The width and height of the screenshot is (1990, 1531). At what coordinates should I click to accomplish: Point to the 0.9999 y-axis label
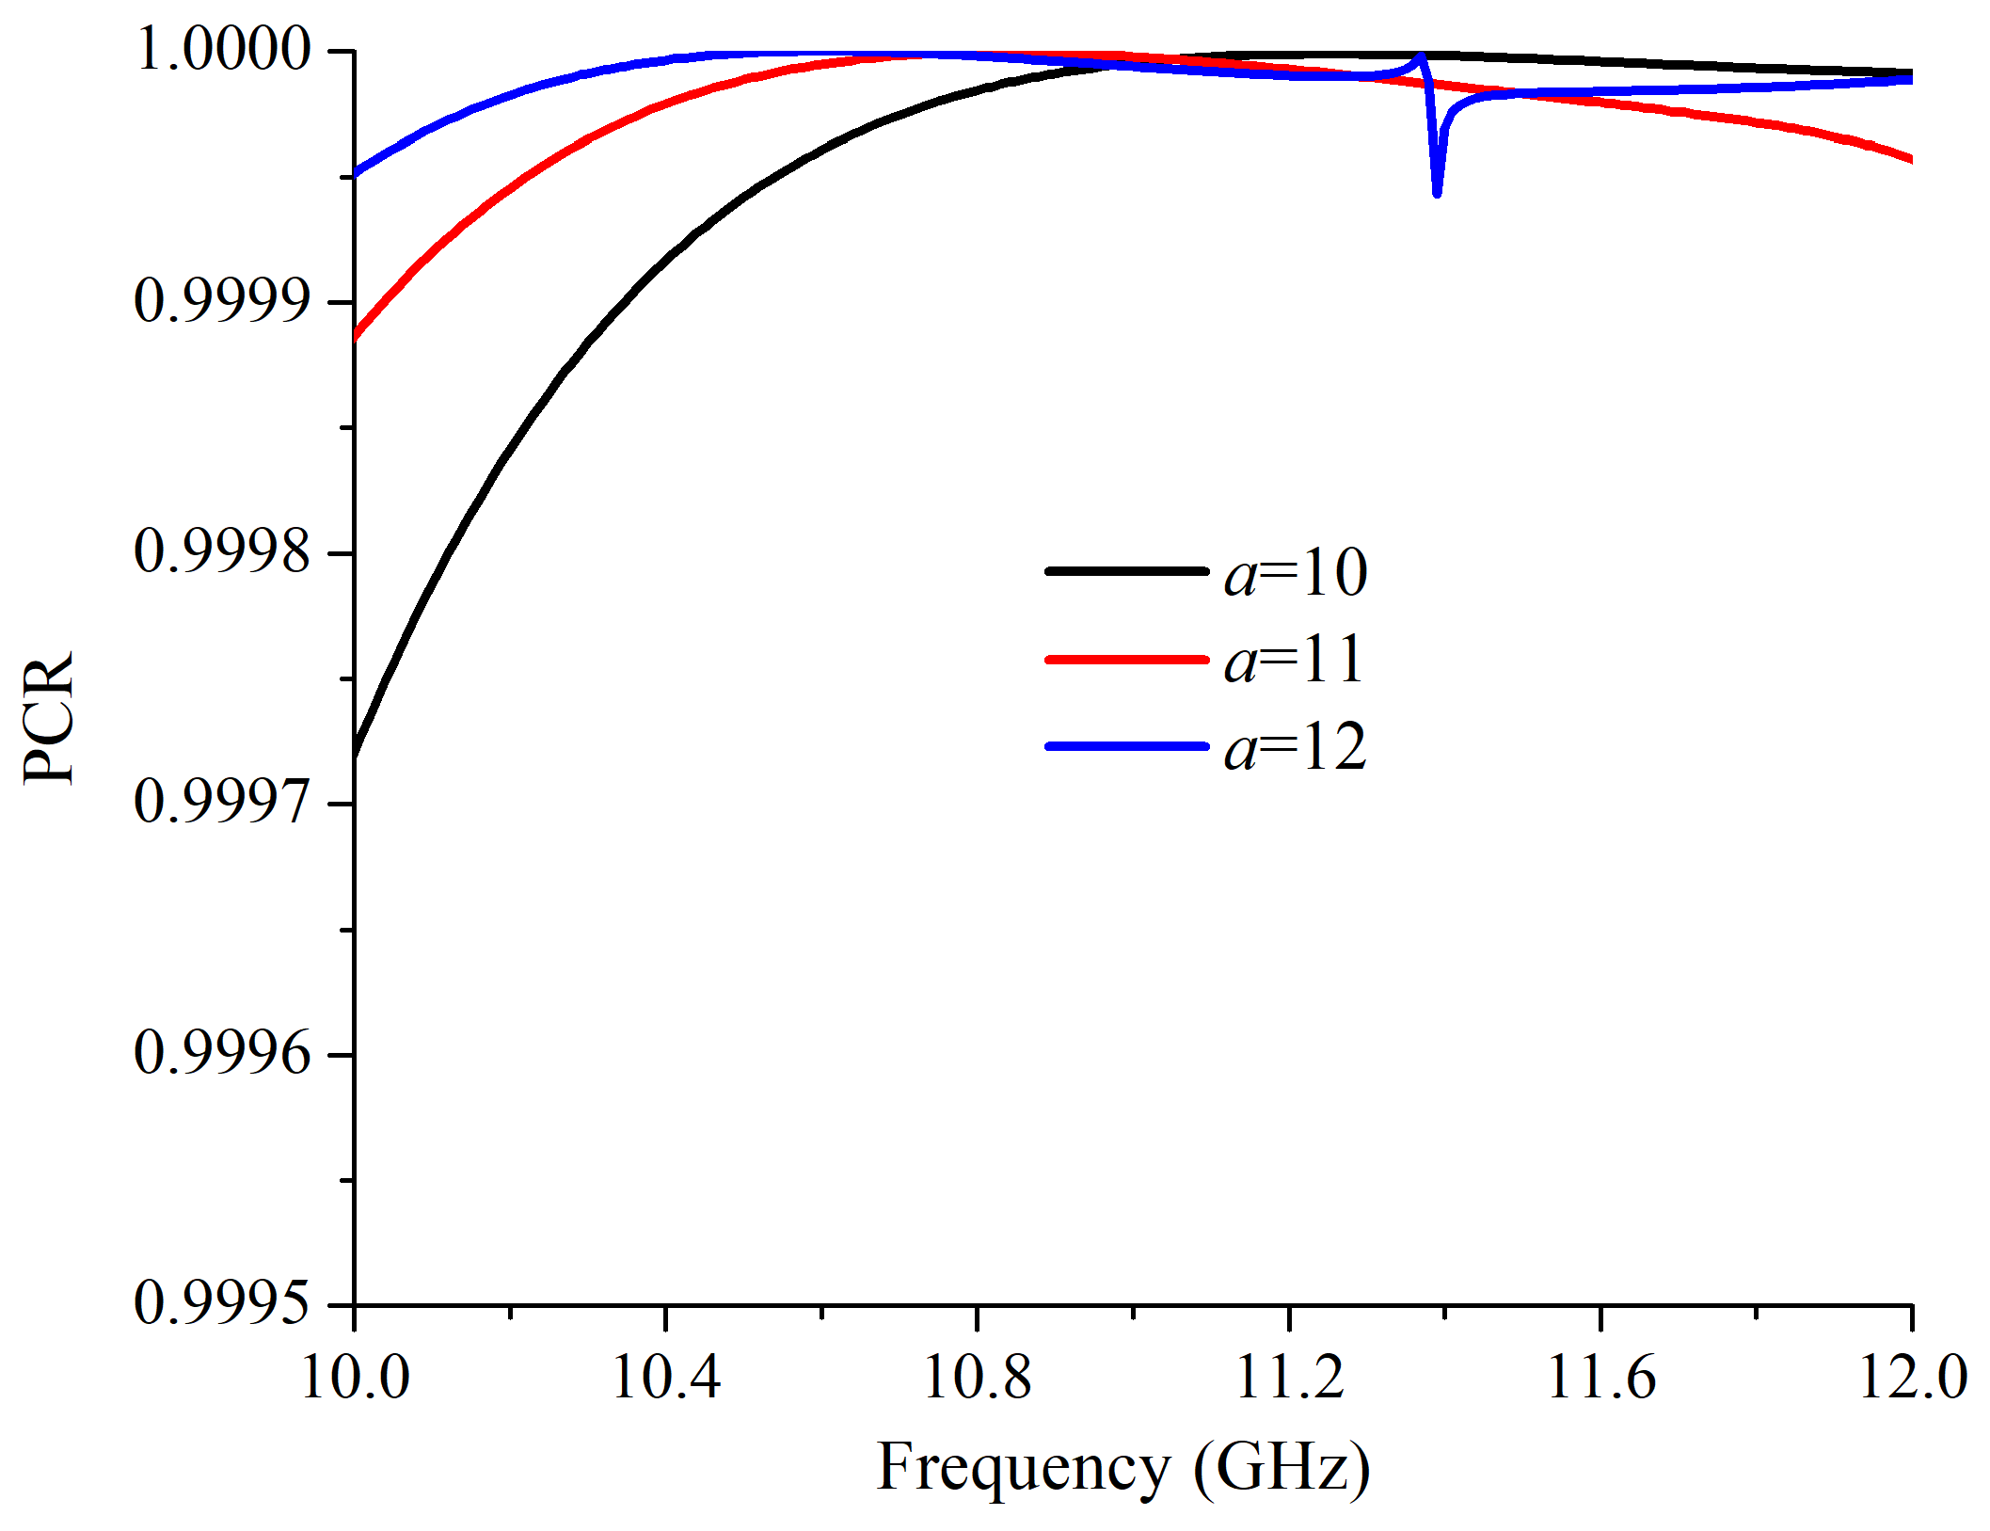[x=222, y=301]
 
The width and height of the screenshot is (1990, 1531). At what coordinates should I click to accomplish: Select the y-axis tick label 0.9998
[x=222, y=551]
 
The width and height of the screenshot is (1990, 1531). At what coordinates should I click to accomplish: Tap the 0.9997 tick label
[x=222, y=803]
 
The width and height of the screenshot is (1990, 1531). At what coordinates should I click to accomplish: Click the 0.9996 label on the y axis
[x=222, y=1053]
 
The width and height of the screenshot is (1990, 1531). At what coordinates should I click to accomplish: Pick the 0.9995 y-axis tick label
[x=222, y=1304]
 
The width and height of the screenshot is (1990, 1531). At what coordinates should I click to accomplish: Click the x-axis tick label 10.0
[x=355, y=1379]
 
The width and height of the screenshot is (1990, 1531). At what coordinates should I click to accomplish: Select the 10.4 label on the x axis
[x=665, y=1379]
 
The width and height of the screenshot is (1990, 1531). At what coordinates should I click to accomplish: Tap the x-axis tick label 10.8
[x=978, y=1379]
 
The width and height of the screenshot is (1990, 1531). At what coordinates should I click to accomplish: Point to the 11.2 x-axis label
[x=1289, y=1379]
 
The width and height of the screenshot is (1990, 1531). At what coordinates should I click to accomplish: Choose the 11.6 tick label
[x=1600, y=1379]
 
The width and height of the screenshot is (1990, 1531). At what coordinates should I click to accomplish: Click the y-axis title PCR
[x=49, y=717]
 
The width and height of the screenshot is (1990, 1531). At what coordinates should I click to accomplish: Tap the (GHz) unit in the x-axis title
[x=1282, y=1468]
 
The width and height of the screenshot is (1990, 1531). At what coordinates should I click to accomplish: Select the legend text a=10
[x=1296, y=573]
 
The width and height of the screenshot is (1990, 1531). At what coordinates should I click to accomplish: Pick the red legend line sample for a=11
[x=1126, y=660]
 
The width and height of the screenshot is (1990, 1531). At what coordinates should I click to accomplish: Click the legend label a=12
[x=1296, y=748]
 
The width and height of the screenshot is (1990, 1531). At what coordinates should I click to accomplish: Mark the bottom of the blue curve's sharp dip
[x=1437, y=193]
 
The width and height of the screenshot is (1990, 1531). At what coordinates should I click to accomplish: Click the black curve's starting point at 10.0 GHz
[x=356, y=753]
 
